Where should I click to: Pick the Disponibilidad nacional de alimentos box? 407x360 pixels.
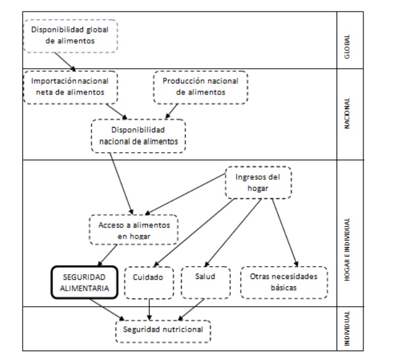(138, 136)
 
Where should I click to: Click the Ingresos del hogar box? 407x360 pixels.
(257, 183)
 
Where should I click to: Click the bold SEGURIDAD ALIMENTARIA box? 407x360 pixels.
(84, 281)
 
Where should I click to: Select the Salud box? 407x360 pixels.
(205, 281)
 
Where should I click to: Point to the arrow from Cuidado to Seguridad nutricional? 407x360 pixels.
(149, 308)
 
